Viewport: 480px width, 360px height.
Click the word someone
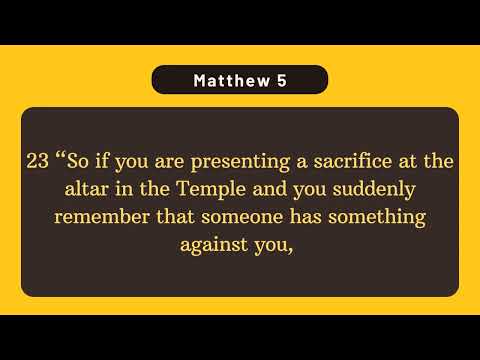point(229,217)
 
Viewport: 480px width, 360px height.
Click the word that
point(165,217)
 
